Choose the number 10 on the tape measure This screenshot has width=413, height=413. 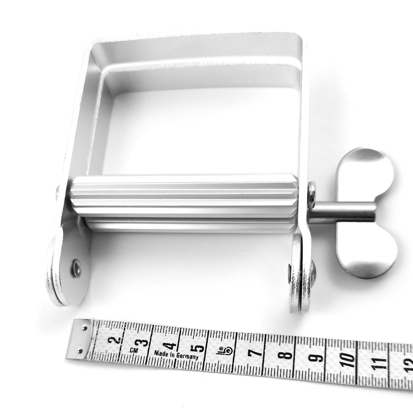coord(349,360)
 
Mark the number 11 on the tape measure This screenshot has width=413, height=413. coord(380,363)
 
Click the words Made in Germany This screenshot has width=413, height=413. coord(176,355)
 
